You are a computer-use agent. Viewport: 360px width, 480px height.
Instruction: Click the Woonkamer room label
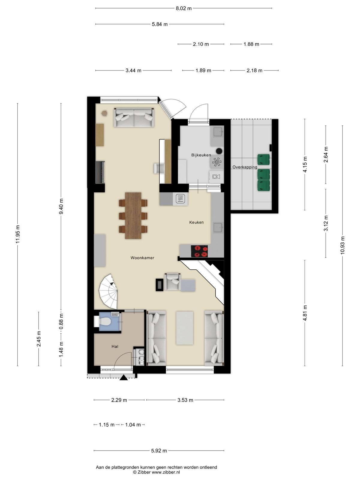coord(142,258)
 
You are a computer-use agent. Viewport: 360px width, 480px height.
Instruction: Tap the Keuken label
coord(196,222)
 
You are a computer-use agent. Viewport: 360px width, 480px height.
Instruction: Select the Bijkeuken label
coord(201,155)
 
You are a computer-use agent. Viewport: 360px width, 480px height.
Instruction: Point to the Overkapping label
coord(244,167)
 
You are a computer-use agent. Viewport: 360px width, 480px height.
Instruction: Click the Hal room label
coord(115,346)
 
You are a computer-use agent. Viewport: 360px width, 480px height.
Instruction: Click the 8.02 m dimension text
coord(184,8)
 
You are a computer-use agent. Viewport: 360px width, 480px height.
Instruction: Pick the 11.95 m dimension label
coord(18,234)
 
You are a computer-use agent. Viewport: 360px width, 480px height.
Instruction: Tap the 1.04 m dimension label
coord(133,425)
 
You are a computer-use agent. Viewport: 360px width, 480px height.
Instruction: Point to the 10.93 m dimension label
coord(342,245)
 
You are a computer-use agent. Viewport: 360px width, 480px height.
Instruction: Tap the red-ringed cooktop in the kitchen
coord(199,251)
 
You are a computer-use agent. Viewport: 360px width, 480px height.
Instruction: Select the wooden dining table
coord(133,216)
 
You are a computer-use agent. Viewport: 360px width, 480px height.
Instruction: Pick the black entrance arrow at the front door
coord(124,378)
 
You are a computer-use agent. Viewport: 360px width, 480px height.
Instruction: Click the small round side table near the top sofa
coord(104,113)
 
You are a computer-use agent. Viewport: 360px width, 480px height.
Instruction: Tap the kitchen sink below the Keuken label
coord(218,228)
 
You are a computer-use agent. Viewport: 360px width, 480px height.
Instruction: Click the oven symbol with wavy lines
coord(181,199)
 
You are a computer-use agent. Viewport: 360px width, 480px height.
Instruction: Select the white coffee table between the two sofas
coord(185,328)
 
